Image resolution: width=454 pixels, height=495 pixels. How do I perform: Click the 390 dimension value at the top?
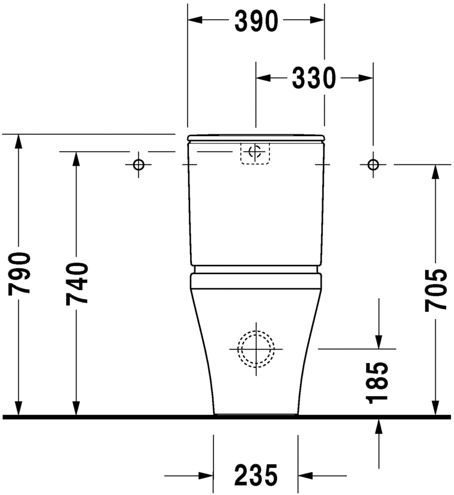pyautogui.click(x=256, y=21)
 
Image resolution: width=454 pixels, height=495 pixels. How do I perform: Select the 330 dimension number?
pyautogui.click(x=314, y=78)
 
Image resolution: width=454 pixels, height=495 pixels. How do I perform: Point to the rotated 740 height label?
pyautogui.click(x=77, y=282)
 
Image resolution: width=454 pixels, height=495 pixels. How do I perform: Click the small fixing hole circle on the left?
pyautogui.click(x=139, y=164)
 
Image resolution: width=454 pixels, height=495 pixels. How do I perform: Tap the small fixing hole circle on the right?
pyautogui.click(x=373, y=164)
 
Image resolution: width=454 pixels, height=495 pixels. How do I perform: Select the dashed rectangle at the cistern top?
pyautogui.click(x=256, y=153)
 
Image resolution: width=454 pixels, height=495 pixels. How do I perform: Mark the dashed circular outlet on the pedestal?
pyautogui.click(x=256, y=348)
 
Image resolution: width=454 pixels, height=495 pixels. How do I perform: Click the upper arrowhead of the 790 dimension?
pyautogui.click(x=19, y=142)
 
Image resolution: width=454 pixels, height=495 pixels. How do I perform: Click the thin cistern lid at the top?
pyautogui.click(x=256, y=139)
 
